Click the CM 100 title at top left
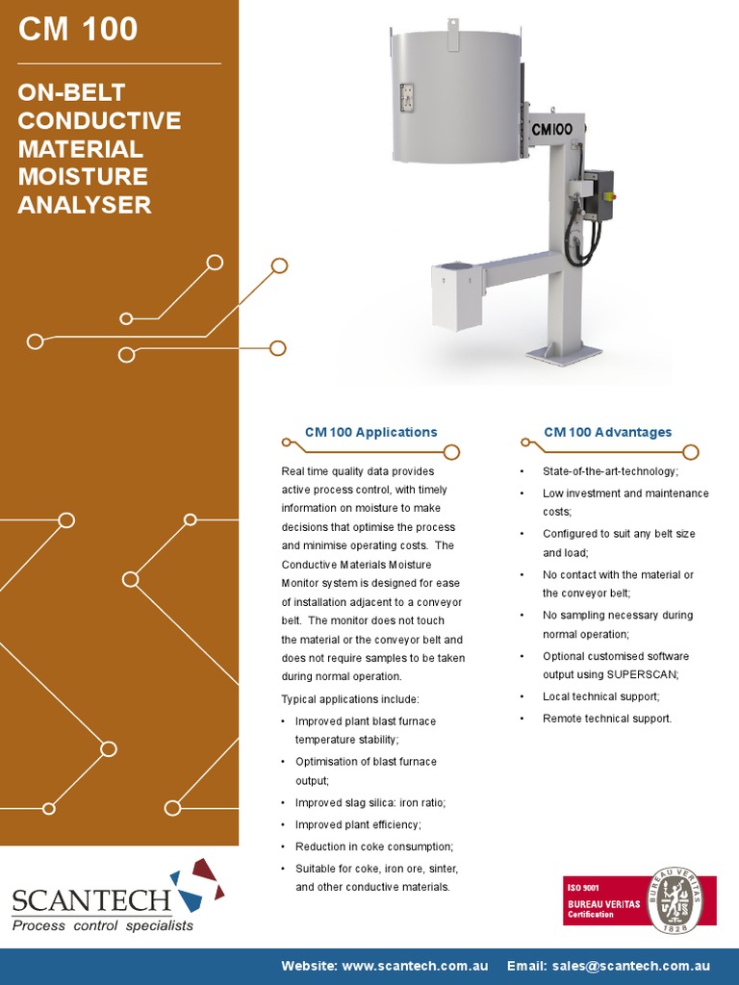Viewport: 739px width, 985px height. click(x=79, y=30)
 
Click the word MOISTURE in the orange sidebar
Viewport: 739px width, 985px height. click(x=83, y=177)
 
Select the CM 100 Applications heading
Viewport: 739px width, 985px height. click(x=370, y=433)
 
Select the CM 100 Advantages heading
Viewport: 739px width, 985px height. click(x=607, y=433)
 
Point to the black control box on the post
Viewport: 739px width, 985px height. click(x=599, y=197)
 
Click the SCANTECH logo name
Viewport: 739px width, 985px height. click(x=91, y=901)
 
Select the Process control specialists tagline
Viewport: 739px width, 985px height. click(x=103, y=925)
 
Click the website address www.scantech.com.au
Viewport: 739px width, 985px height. click(x=415, y=965)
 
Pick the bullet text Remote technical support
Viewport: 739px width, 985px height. click(x=607, y=719)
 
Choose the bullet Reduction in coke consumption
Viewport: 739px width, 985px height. click(x=373, y=846)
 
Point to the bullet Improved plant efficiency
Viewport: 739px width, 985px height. click(x=358, y=824)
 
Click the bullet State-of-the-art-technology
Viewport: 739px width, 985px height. click(x=610, y=471)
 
